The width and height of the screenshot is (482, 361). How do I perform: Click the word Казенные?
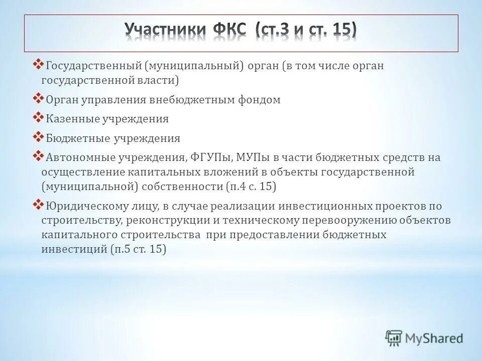(72, 119)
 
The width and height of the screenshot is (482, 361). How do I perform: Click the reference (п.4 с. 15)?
(251, 187)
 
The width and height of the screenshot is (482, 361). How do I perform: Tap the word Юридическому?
(83, 206)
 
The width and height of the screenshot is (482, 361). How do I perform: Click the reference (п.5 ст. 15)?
(138, 249)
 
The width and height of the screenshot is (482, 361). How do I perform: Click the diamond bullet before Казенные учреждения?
(39, 118)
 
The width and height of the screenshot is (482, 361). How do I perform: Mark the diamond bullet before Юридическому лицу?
(39, 205)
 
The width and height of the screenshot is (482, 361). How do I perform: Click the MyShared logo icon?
(394, 338)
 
